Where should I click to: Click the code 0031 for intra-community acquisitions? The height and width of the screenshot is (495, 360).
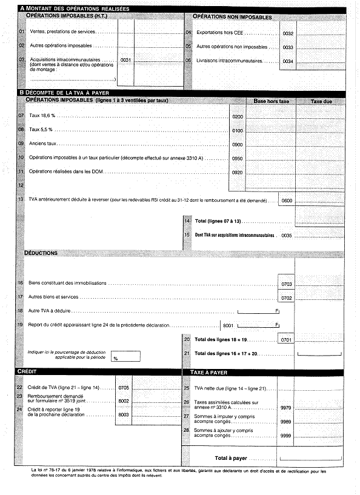pyautogui.click(x=126, y=60)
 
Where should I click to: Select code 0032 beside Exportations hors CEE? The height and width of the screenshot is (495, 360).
pyautogui.click(x=288, y=33)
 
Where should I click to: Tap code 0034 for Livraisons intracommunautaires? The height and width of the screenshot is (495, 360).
pyautogui.click(x=288, y=61)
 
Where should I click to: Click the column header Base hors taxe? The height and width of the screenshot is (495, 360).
pyautogui.click(x=271, y=101)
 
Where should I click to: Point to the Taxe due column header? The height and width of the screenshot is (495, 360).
pyautogui.click(x=321, y=101)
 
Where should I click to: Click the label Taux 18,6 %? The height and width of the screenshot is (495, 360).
pyautogui.click(x=42, y=115)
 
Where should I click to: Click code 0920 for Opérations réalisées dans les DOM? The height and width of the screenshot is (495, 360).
pyautogui.click(x=238, y=172)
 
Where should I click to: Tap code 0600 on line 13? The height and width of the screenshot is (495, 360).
pyautogui.click(x=287, y=200)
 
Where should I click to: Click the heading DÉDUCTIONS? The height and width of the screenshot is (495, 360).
pyautogui.click(x=41, y=252)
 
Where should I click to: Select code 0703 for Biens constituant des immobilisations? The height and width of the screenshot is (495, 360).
pyautogui.click(x=287, y=283)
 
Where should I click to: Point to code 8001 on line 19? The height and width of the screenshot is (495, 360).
pyautogui.click(x=228, y=325)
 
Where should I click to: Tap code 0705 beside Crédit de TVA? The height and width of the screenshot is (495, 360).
pyautogui.click(x=124, y=387)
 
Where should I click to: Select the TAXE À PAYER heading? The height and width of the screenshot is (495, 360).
pyautogui.click(x=208, y=372)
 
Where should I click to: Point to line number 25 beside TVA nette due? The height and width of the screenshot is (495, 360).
pyautogui.click(x=187, y=388)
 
